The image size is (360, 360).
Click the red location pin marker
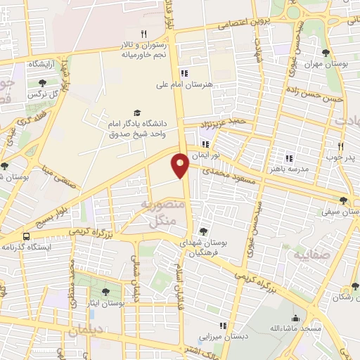tap(180, 165)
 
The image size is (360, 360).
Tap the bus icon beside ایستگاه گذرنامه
tap(26, 237)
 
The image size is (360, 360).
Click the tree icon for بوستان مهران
tap(325, 53)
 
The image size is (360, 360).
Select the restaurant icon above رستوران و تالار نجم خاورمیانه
tap(143, 33)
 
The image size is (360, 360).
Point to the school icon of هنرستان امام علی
tap(184, 72)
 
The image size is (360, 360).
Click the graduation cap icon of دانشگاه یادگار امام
tap(137, 112)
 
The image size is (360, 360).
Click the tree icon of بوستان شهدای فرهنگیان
tap(203, 231)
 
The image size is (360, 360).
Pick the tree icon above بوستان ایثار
tap(105, 291)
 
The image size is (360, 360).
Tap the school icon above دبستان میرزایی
tap(223, 326)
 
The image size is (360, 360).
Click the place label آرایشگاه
tap(43, 63)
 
